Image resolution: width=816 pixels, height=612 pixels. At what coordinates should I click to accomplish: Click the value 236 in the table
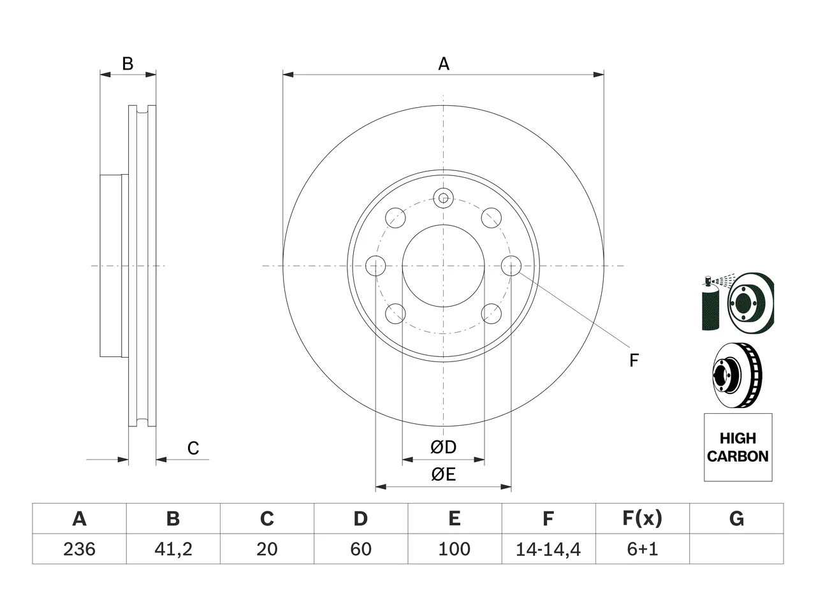tap(79, 549)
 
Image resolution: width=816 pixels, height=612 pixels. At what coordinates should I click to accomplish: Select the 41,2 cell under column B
tap(173, 549)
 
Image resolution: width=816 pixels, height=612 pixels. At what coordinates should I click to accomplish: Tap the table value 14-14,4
tap(548, 549)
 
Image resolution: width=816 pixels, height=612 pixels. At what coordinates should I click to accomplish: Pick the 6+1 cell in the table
tap(643, 549)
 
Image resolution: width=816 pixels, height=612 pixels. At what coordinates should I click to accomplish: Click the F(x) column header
tap(643, 518)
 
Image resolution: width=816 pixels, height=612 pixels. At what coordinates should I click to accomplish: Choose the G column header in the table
tap(736, 518)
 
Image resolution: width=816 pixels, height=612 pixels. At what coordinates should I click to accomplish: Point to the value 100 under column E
tap(455, 549)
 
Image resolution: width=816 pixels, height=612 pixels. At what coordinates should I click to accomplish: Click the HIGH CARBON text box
tap(738, 447)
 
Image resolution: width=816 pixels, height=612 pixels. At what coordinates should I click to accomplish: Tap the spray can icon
tap(710, 302)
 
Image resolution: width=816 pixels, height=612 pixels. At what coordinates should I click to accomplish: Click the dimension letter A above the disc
tap(444, 64)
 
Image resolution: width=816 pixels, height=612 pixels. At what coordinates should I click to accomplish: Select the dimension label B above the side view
tap(127, 64)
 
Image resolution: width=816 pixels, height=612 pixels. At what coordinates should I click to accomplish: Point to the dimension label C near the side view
tap(193, 448)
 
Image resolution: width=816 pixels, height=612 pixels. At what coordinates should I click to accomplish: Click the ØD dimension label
tap(443, 447)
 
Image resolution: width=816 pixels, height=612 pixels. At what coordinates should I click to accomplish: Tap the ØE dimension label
tap(443, 474)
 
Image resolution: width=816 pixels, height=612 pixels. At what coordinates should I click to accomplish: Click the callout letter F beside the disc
tap(634, 360)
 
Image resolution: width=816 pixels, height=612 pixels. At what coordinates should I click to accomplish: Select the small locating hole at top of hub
tap(443, 198)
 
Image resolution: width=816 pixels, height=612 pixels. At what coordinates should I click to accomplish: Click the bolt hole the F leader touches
tap(511, 266)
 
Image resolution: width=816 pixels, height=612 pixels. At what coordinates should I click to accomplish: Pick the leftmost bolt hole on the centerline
tap(375, 266)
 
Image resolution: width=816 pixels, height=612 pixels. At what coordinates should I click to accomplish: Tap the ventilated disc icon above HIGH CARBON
tap(737, 375)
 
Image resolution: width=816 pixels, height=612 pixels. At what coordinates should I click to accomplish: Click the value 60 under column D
tap(361, 549)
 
